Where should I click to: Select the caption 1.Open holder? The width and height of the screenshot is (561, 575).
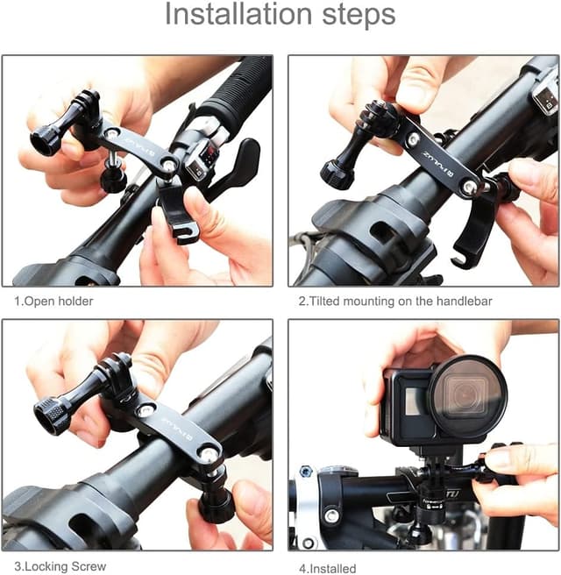click(x=53, y=302)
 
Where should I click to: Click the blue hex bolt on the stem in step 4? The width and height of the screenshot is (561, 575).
click(x=306, y=471)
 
